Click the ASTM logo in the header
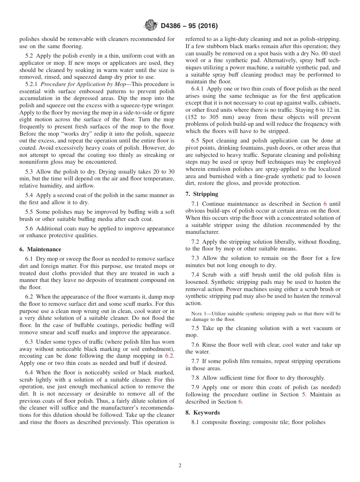pos(150,26)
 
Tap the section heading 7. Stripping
pos(202,194)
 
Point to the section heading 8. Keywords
pos(203,413)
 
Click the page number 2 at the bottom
pos(180,466)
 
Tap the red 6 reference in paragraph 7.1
pos(325,204)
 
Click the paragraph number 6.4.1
pos(198,89)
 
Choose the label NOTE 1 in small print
pos(199,314)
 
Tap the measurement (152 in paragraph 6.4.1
pos(193,117)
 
